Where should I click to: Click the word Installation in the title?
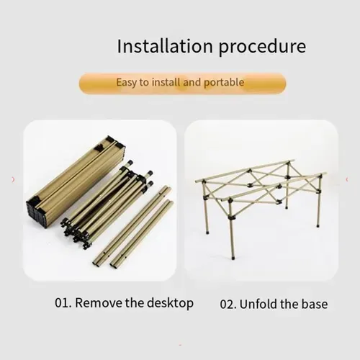[x=165, y=46]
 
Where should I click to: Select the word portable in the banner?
[x=224, y=83]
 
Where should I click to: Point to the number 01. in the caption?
[x=63, y=303]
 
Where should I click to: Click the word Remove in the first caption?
[x=99, y=303]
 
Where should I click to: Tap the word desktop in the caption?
[x=170, y=304]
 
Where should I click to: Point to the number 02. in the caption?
[x=228, y=305]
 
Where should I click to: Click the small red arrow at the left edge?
[x=13, y=179]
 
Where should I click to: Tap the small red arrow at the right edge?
[x=347, y=179]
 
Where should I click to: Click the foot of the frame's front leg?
[x=233, y=258]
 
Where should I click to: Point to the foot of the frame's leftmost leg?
[x=207, y=233]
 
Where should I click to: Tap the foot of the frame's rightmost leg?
[x=318, y=225]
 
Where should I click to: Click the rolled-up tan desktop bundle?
[x=76, y=181]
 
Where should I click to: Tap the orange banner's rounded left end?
[x=84, y=84]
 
